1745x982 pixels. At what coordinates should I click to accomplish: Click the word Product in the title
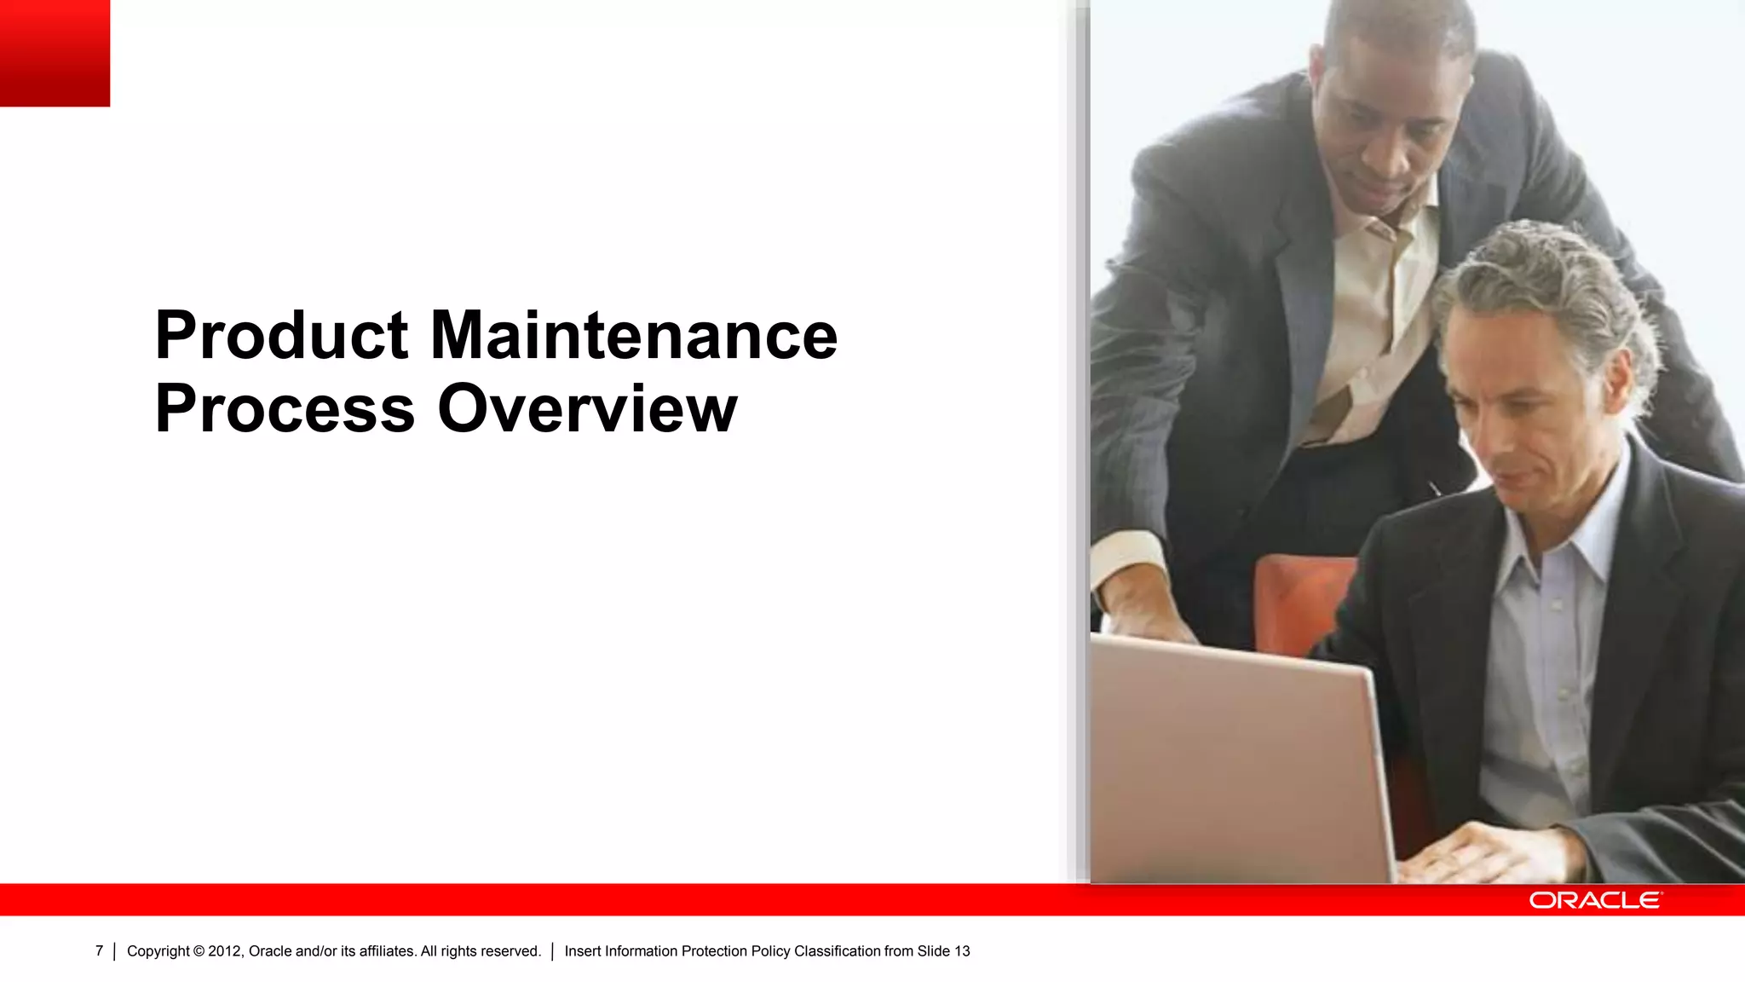(281, 336)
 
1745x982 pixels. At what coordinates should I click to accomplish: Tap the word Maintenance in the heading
(634, 336)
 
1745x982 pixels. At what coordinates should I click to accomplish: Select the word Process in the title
(285, 409)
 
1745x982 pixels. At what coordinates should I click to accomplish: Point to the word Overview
(587, 409)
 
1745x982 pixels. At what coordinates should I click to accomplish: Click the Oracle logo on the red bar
(1594, 900)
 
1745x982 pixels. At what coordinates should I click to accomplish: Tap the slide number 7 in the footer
(99, 951)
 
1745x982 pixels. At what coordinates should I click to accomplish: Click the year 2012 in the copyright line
(226, 951)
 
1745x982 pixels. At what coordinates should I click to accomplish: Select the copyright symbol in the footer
(199, 951)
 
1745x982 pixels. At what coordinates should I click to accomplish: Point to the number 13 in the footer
(962, 951)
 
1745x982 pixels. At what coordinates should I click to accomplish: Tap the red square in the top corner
(55, 53)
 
